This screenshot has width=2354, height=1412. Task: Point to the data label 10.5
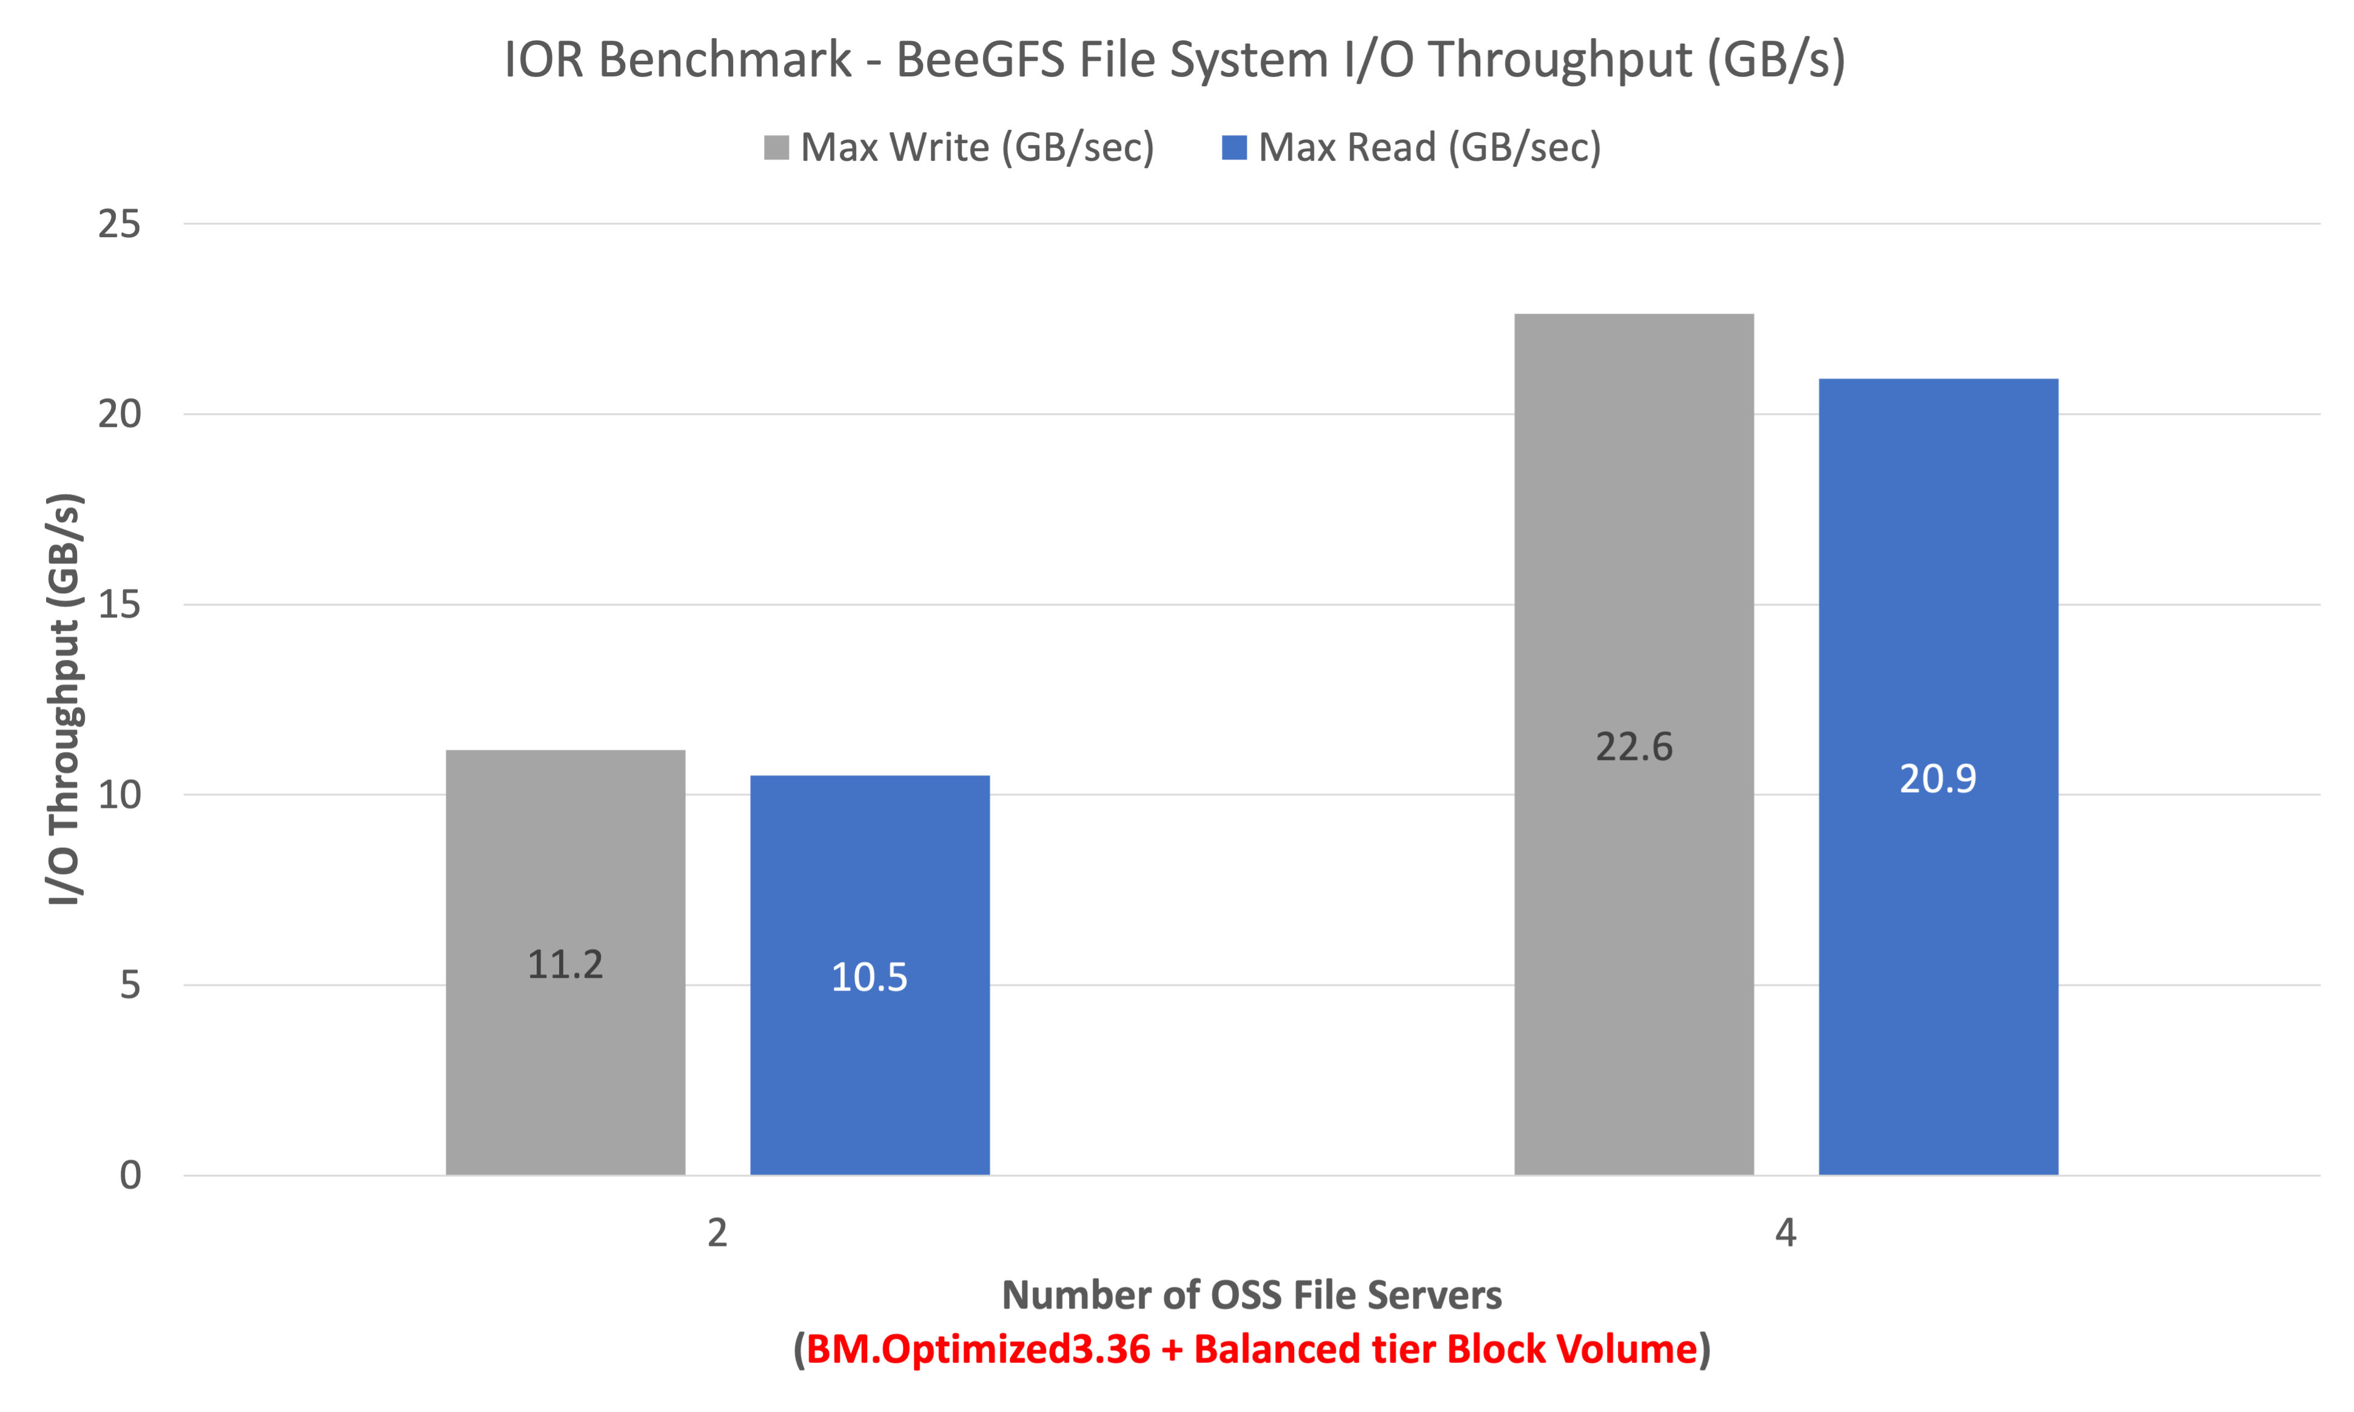click(x=870, y=977)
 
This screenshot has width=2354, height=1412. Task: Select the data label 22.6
click(x=1633, y=747)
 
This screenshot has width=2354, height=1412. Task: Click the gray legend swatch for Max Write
click(x=776, y=147)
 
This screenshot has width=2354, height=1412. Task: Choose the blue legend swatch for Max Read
click(x=1233, y=147)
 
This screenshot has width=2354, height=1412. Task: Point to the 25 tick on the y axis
click(x=119, y=224)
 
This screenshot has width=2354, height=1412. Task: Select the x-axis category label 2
click(x=717, y=1233)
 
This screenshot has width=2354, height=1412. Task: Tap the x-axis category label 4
click(x=1785, y=1233)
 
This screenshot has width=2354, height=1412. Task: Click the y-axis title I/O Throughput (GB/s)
click(x=65, y=699)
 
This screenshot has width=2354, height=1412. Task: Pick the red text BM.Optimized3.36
click(x=977, y=1349)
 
